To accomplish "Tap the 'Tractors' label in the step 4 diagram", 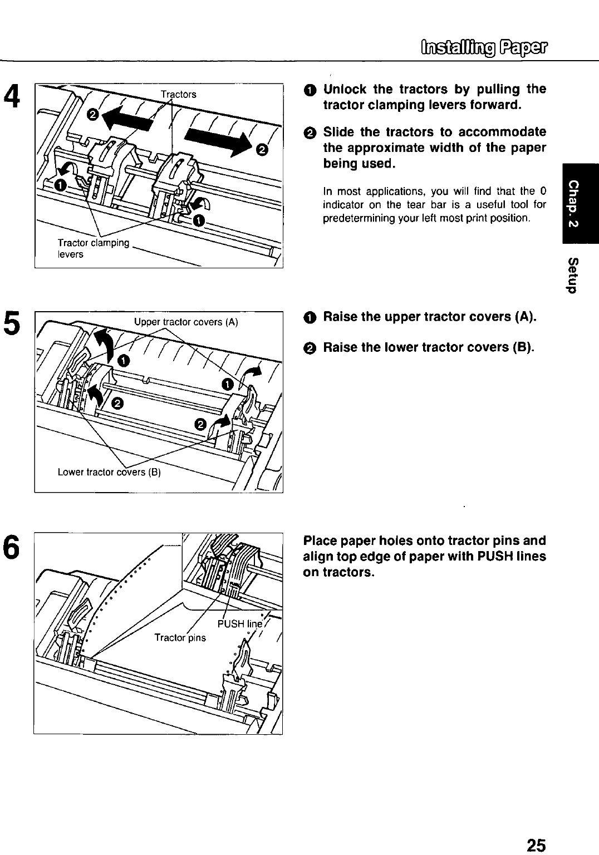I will click(178, 94).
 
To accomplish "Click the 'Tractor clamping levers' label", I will click(93, 248).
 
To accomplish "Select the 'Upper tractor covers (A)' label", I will click(186, 322).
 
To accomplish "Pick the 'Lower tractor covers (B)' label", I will click(109, 473).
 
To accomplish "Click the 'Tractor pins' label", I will click(180, 637).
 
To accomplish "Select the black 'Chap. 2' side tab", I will click(580, 203).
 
